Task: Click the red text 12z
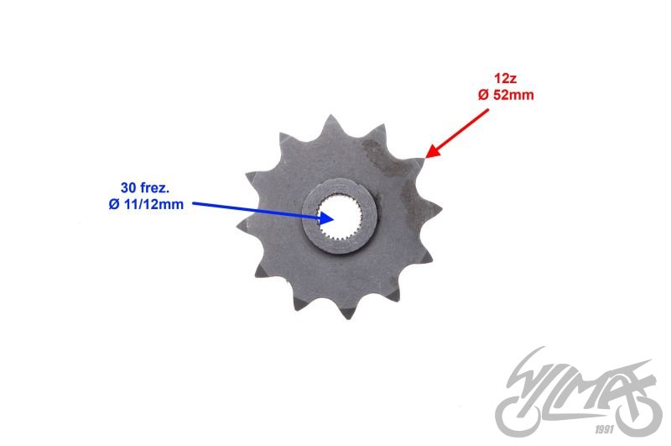point(505,81)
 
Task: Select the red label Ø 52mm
point(505,95)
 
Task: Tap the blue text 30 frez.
point(144,187)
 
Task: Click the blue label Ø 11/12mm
point(146,204)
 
